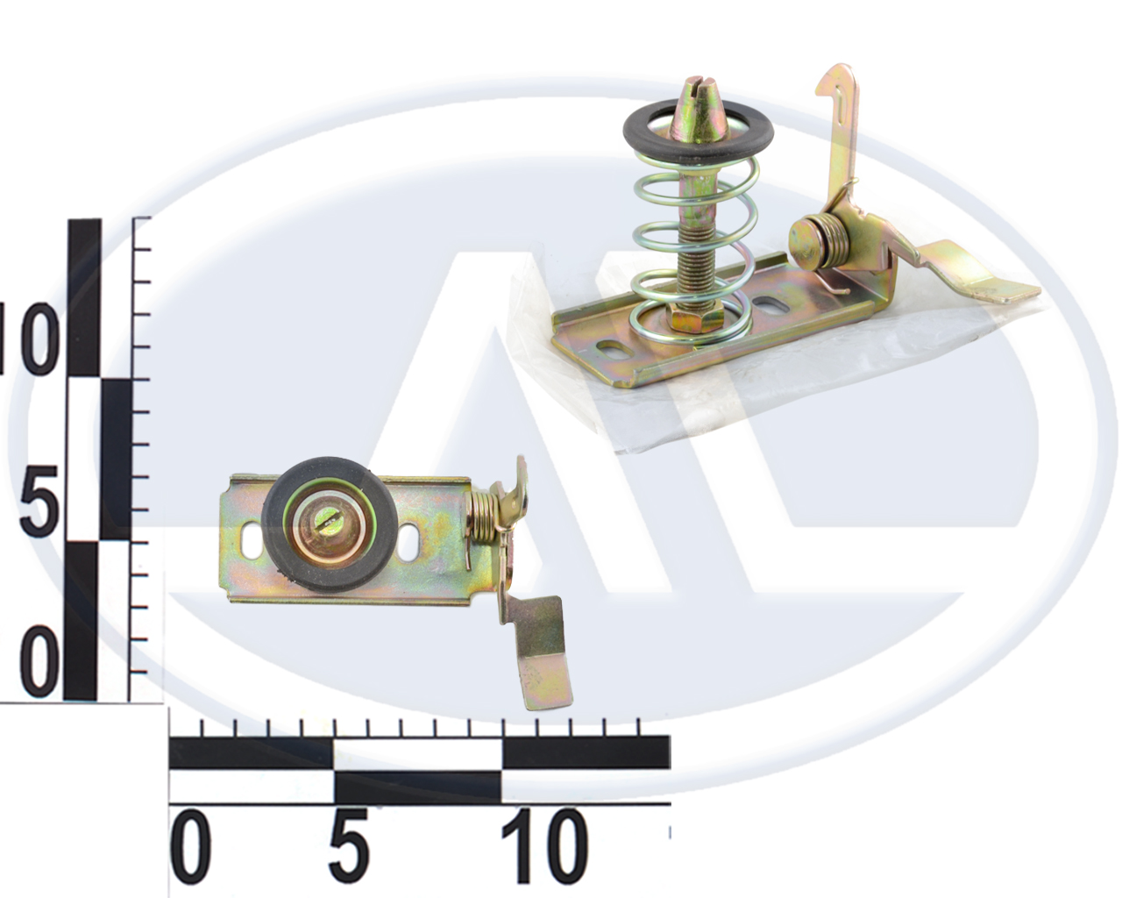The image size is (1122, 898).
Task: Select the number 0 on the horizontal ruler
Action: [x=190, y=846]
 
